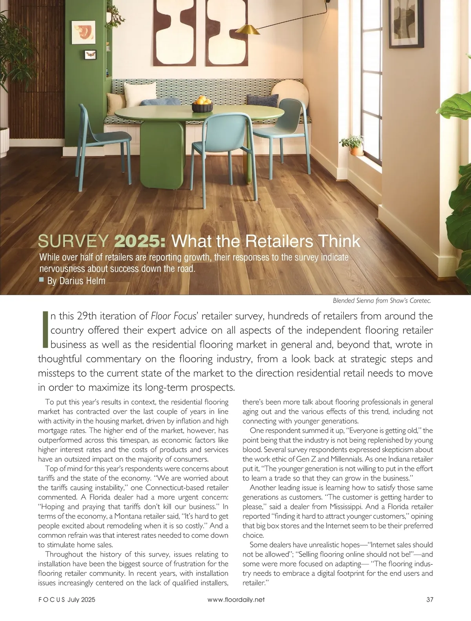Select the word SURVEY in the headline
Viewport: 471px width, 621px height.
pyautogui.click(x=73, y=241)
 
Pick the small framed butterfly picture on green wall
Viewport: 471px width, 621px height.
pyautogui.click(x=90, y=55)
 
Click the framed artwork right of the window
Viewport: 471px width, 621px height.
pyautogui.click(x=407, y=24)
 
